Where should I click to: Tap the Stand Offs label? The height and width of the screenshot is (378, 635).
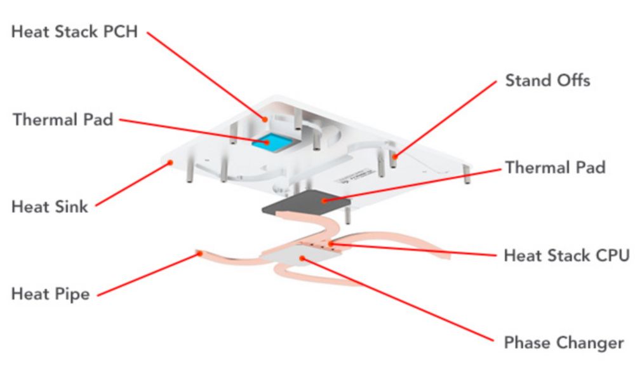[547, 81]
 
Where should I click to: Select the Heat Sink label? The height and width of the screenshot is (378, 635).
[50, 206]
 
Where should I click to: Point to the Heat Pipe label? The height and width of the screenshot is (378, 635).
[50, 294]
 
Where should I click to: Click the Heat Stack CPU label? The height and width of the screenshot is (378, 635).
[566, 255]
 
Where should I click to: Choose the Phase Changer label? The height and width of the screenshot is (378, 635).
[564, 343]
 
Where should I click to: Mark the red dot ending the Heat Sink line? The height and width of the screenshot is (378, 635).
[170, 163]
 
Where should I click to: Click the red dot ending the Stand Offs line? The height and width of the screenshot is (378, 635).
[394, 155]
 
